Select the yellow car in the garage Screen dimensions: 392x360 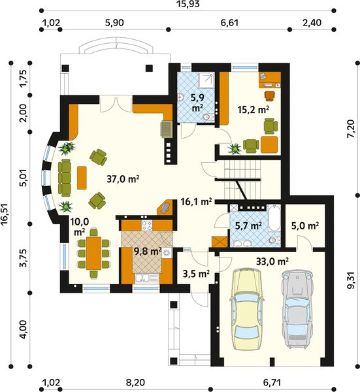tap(245, 304)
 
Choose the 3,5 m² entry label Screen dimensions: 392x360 tap(195, 272)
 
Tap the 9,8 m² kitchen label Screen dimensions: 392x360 tap(148, 250)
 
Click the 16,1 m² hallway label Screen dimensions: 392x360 tap(195, 202)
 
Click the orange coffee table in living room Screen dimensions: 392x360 tap(82, 176)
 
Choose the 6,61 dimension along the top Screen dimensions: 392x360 tap(229, 22)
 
